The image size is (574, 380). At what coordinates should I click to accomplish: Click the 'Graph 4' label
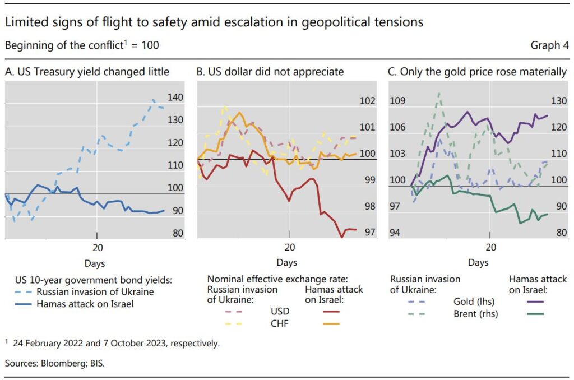[549, 45]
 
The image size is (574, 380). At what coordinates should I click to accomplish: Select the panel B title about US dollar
[271, 72]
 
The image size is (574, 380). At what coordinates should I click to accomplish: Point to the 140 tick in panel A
[175, 98]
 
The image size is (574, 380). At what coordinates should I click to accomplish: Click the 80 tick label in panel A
[175, 233]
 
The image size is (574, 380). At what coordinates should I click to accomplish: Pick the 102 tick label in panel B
[367, 101]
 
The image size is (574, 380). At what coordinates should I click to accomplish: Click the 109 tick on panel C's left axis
[398, 101]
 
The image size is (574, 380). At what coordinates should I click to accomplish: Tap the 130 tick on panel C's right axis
[559, 101]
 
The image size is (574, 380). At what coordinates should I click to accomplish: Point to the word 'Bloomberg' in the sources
[58, 363]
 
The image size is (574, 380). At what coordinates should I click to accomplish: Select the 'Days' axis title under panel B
[286, 262]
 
